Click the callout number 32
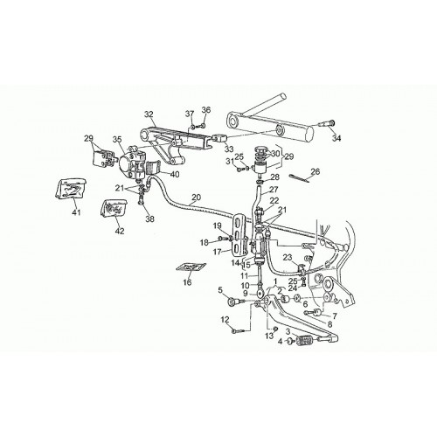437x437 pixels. [x=149, y=114]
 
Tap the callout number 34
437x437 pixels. [x=336, y=138]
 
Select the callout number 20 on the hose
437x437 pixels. [x=197, y=198]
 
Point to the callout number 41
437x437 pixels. [x=76, y=213]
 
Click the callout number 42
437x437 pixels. [x=120, y=231]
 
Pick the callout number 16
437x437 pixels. [x=187, y=282]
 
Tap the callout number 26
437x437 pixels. [x=315, y=171]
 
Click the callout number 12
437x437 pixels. [x=225, y=320]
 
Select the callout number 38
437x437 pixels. [x=149, y=218]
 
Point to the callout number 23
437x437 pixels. [x=288, y=257]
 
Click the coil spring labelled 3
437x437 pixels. [x=304, y=340]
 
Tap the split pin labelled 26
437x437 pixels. [x=298, y=178]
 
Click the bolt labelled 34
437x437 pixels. [x=326, y=124]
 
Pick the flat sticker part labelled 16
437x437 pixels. [x=191, y=267]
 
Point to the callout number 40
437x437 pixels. [x=175, y=174]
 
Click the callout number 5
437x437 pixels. [x=220, y=289]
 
